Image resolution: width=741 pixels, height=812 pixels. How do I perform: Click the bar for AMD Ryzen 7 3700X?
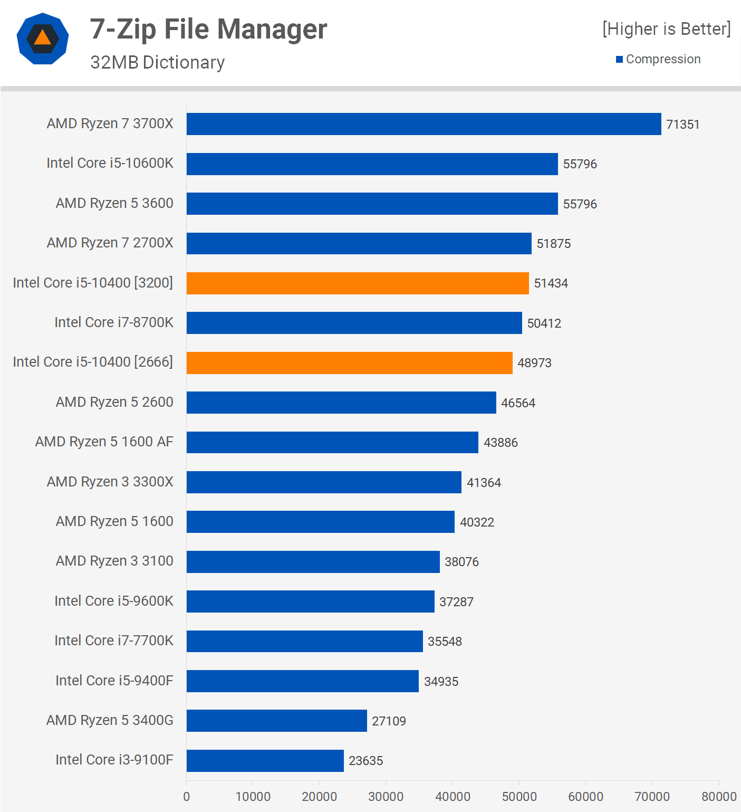click(424, 124)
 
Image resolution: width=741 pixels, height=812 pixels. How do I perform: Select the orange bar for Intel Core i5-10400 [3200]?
click(358, 283)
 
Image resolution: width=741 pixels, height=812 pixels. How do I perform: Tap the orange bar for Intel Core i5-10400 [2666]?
click(349, 363)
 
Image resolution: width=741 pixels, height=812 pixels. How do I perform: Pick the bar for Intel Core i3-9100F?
click(265, 761)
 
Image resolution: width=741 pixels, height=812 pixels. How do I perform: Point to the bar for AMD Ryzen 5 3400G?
click(276, 721)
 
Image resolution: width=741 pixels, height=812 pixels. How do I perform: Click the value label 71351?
click(682, 125)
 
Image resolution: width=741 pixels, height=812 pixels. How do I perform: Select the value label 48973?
click(534, 363)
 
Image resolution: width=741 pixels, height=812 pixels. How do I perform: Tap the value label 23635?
click(365, 761)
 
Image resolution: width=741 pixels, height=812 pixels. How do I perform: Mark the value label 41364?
click(484, 483)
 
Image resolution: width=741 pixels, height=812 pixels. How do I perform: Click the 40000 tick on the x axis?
click(453, 797)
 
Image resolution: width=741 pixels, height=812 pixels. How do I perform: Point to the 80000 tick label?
click(719, 797)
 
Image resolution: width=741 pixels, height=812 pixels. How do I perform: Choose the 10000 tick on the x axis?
click(253, 797)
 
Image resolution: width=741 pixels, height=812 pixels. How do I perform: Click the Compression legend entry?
click(658, 59)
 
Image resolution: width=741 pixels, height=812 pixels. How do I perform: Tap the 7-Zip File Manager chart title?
click(208, 29)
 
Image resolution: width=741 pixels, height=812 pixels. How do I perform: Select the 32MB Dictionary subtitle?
click(157, 62)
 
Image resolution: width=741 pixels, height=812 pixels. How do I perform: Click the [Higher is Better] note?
click(667, 29)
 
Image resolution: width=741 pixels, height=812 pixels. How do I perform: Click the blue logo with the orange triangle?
click(43, 39)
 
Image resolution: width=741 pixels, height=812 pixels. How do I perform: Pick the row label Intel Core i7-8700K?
click(114, 322)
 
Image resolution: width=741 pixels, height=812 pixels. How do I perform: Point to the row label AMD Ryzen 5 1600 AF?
click(104, 442)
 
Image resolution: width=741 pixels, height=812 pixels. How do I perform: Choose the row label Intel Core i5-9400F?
click(114, 681)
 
